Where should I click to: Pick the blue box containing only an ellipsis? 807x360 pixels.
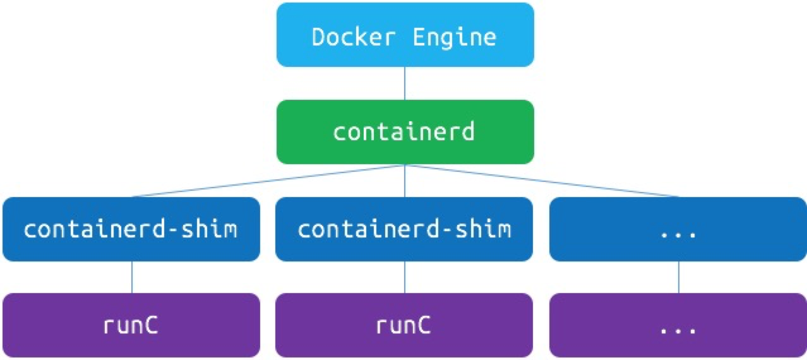click(x=678, y=229)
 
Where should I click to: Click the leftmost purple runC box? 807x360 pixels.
click(x=131, y=325)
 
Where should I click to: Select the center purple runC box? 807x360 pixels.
click(x=404, y=325)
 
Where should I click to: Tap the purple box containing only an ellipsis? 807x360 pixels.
click(x=678, y=325)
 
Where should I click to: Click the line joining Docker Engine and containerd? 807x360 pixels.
click(x=405, y=83)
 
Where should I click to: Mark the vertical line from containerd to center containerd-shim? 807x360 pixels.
click(x=405, y=181)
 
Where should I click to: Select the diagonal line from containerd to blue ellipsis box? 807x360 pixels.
click(x=543, y=181)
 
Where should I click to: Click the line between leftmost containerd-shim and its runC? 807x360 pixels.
click(x=131, y=277)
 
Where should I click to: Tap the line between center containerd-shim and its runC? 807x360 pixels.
click(x=405, y=277)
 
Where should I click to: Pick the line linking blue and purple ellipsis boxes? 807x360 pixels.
click(x=679, y=277)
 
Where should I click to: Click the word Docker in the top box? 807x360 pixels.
click(x=354, y=37)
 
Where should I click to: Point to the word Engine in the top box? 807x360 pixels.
click(x=455, y=37)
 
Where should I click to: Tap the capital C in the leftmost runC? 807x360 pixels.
click(x=151, y=325)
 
